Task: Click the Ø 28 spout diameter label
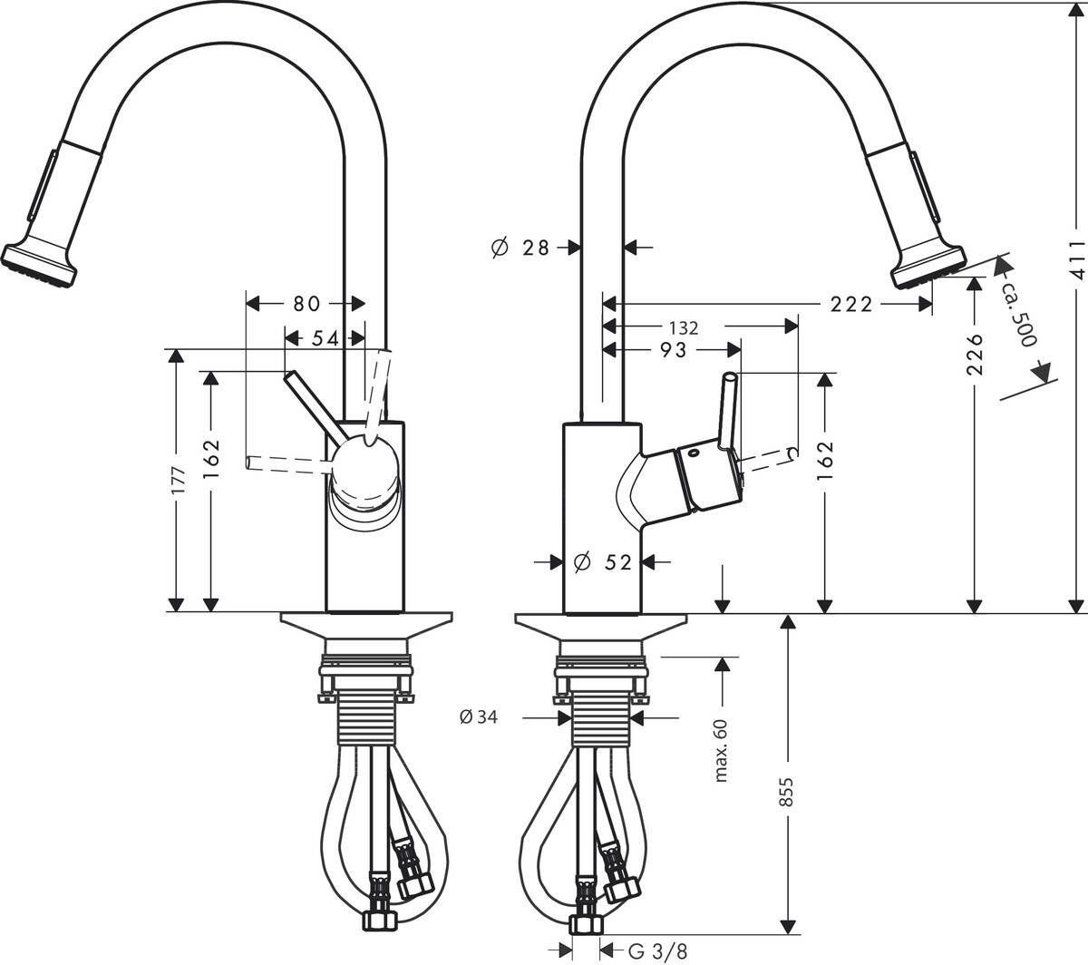520,247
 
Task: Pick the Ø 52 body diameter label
603,563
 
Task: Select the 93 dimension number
672,350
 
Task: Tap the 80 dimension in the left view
306,305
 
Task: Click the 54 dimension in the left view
324,337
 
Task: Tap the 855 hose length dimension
787,798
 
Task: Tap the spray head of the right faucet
927,263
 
